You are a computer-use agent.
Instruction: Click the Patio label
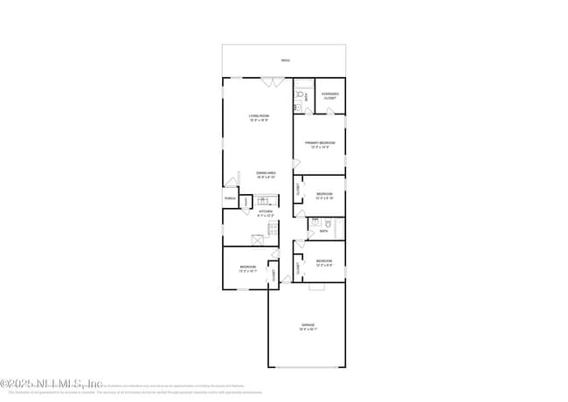coord(285,60)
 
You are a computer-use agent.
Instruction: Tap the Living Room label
coord(260,117)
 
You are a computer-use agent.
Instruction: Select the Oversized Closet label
coord(330,96)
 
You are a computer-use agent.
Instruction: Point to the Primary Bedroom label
coord(320,143)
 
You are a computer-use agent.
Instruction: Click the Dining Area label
coord(267,174)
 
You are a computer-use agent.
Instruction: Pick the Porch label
coord(231,199)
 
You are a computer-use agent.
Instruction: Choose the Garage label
coord(308,326)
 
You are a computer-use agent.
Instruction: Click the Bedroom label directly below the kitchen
coord(248,267)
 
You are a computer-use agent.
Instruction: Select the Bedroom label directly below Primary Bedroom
coord(324,194)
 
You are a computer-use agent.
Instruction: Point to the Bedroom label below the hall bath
coord(324,260)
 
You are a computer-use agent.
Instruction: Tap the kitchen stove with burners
coord(273,229)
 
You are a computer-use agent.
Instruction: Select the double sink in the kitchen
coord(262,201)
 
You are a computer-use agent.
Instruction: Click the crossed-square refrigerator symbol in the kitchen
coord(259,239)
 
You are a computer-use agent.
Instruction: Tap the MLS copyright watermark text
coord(52,383)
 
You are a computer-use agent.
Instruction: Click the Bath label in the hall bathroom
coord(323,232)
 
